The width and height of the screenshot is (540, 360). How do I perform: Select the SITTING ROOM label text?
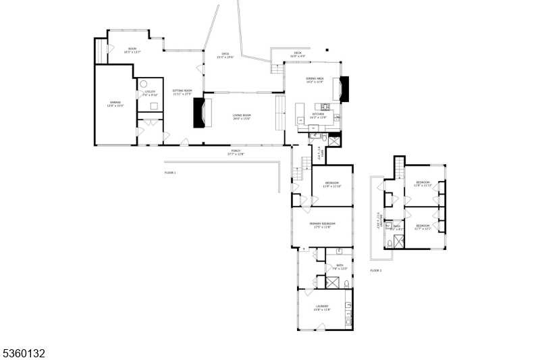point(182,91)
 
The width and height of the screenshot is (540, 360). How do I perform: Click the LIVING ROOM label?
point(241,115)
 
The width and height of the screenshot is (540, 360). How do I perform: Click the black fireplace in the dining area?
point(345,89)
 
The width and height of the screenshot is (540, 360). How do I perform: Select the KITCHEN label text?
point(317,114)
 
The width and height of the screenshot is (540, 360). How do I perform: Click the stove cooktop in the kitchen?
point(325,106)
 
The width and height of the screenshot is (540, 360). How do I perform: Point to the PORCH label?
point(236,151)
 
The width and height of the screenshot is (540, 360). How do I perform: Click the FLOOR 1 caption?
point(169,173)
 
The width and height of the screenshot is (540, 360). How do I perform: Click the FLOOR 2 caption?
point(375,271)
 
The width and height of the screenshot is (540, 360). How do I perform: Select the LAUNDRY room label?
point(321,306)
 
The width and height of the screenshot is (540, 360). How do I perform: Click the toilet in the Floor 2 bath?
point(390,242)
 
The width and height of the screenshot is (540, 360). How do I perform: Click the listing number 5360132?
point(23,353)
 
